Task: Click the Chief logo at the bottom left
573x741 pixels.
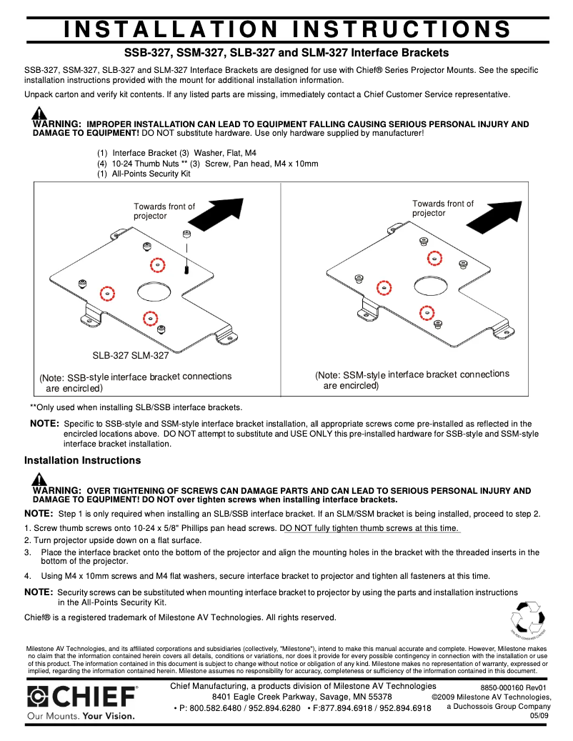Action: click(82, 696)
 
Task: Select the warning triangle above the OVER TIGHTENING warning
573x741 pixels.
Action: click(40, 479)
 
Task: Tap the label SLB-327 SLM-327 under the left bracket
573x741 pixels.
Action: click(131, 355)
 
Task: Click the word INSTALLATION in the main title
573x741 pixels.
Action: click(171, 29)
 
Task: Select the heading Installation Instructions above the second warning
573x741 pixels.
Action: click(83, 460)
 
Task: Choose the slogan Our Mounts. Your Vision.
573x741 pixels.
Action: click(81, 715)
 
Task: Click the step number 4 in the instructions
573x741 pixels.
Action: click(27, 576)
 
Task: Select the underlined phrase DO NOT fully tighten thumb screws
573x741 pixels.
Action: click(372, 528)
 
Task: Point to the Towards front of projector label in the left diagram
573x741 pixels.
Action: click(164, 211)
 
